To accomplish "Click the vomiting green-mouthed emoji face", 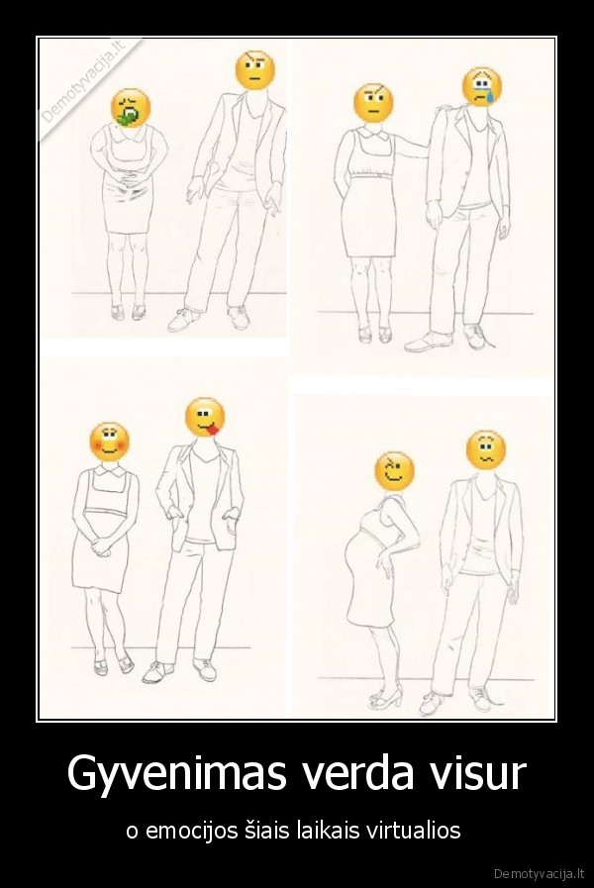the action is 131,108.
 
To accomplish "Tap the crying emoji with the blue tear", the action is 482,87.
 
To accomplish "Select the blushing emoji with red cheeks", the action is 109,442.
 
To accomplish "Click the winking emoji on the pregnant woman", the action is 395,472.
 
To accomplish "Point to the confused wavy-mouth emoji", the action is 486,450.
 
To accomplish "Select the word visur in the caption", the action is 485,772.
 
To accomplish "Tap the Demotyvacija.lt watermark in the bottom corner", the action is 540,873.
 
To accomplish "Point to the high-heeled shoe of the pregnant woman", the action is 386,698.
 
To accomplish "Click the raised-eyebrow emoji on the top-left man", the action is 255,70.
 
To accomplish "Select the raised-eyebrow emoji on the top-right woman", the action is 373,103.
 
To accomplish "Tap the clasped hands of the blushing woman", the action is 102,546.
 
